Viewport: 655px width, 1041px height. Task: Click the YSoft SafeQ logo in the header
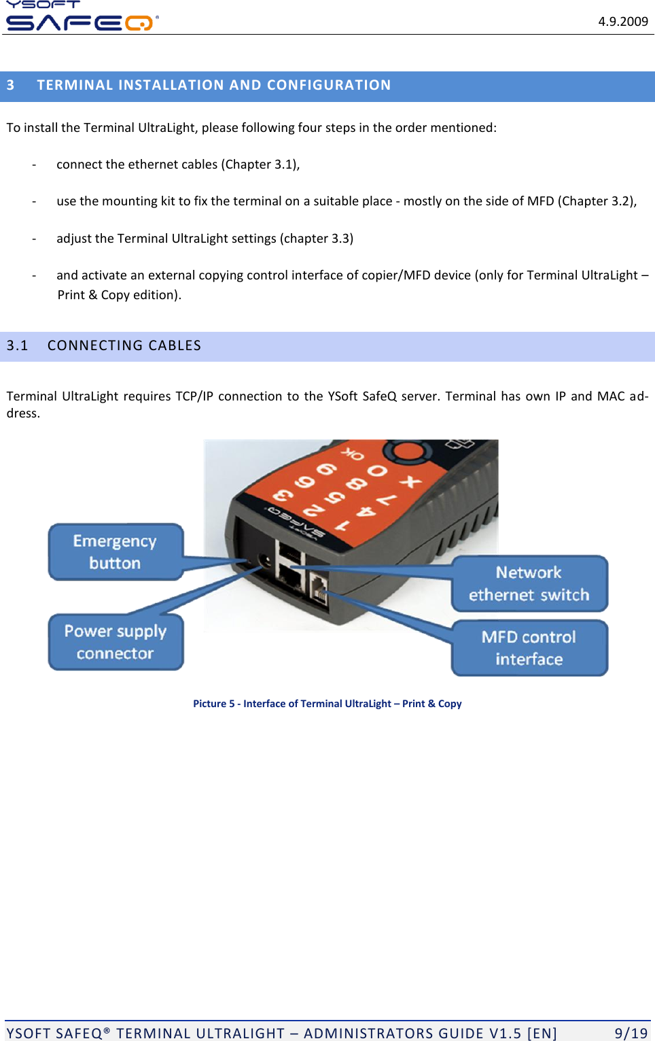81,17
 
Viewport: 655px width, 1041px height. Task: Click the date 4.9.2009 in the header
622,22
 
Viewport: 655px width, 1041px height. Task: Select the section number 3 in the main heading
11,86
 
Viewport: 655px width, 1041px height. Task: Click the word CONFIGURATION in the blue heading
328,86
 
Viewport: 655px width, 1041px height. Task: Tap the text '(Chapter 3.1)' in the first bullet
260,165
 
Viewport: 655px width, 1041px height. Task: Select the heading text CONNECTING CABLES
124,345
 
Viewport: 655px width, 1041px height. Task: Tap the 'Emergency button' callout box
116,552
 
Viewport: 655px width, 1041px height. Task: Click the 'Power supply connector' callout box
116,642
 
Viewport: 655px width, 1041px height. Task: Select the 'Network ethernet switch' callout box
529,583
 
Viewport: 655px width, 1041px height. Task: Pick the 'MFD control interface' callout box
529,648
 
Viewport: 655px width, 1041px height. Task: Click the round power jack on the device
265,562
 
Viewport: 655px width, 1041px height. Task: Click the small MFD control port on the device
319,587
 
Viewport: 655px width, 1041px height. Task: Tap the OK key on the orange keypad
353,453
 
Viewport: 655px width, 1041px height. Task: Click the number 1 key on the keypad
342,526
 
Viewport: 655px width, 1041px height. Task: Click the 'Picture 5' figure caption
327,704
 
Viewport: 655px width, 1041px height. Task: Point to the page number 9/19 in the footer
631,1033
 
